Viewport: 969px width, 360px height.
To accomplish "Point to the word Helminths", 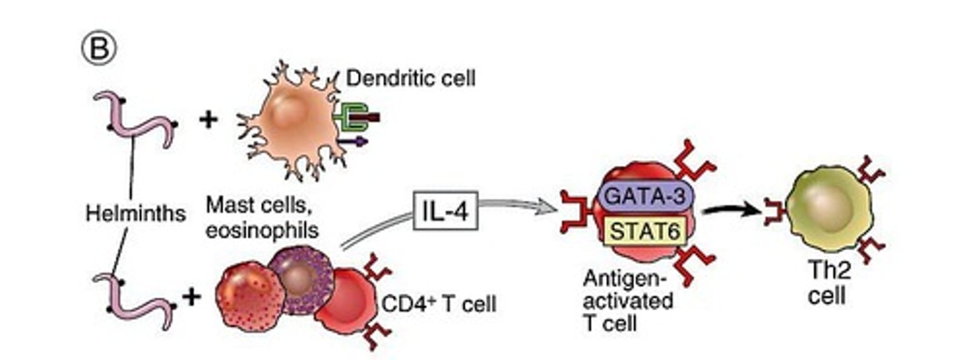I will click(x=135, y=214).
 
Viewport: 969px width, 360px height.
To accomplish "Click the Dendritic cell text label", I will click(x=410, y=79).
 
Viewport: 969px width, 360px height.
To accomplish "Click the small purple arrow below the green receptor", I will click(x=353, y=141).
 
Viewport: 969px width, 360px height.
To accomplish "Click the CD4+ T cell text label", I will click(x=438, y=304).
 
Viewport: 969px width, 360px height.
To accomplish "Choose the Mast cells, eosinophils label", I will click(x=262, y=216).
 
